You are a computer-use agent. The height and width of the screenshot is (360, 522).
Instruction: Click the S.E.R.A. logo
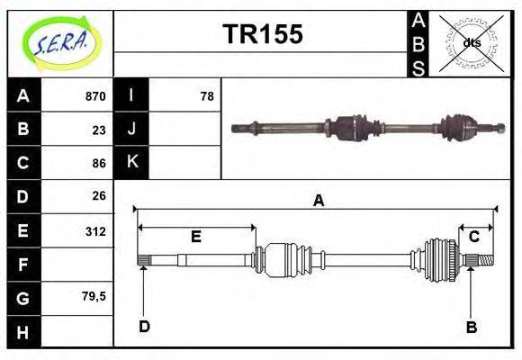pyautogui.click(x=59, y=43)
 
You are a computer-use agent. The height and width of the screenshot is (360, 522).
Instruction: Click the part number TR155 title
pyautogui.click(x=262, y=35)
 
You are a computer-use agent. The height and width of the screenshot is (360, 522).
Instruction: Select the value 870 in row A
pyautogui.click(x=94, y=96)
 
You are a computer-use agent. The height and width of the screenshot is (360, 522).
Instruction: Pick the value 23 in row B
pyautogui.click(x=99, y=130)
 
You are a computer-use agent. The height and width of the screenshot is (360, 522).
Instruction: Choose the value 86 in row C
pyautogui.click(x=99, y=163)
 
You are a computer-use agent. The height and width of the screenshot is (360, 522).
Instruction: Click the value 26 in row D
pyautogui.click(x=99, y=195)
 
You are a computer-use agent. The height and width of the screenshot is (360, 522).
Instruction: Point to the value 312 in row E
pyautogui.click(x=94, y=231)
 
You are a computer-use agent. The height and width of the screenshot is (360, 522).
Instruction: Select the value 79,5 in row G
pyautogui.click(x=93, y=296)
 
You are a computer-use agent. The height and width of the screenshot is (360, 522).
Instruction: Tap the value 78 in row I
pyautogui.click(x=206, y=96)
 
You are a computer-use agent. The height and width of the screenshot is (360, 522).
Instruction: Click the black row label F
pyautogui.click(x=22, y=265)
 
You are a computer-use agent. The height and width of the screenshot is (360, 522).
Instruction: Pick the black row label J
pyautogui.click(x=131, y=130)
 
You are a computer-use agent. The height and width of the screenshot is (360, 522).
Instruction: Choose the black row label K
pyautogui.click(x=131, y=163)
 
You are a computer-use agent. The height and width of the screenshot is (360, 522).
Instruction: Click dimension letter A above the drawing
pyautogui.click(x=318, y=201)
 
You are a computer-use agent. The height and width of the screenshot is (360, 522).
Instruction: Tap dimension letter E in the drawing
pyautogui.click(x=195, y=237)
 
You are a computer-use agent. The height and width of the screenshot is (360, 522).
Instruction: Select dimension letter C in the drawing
pyautogui.click(x=473, y=237)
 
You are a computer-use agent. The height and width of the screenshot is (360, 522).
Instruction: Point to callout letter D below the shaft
pyautogui.click(x=144, y=327)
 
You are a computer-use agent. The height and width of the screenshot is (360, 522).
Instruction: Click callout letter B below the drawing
pyautogui.click(x=471, y=328)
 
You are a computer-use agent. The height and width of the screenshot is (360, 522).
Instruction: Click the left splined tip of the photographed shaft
pyautogui.click(x=238, y=127)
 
